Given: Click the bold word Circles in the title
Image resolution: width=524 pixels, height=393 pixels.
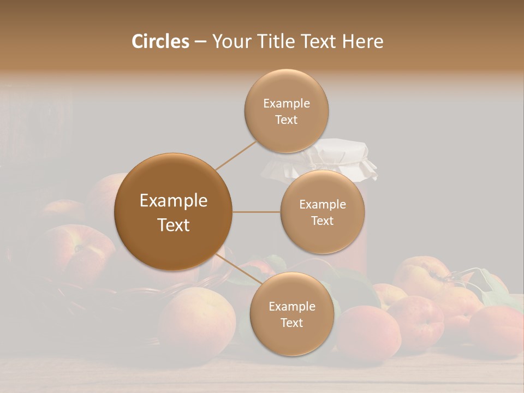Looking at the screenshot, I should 160,41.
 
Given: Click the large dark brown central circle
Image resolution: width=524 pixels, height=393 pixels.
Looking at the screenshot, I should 173,212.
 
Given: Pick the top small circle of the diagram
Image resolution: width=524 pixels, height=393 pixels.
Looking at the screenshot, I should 286,111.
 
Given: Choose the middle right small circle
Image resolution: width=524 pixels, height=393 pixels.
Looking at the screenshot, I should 323,212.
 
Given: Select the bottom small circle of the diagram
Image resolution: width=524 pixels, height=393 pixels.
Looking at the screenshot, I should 291,314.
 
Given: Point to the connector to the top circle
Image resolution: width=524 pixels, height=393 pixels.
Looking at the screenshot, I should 236,155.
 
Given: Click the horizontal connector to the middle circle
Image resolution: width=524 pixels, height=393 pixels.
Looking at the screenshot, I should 256,212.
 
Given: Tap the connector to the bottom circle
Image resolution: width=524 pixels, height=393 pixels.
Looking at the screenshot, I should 238,270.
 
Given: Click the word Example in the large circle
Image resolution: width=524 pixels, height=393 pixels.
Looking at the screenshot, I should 173,200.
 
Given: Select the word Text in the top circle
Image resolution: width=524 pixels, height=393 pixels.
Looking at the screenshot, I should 286,120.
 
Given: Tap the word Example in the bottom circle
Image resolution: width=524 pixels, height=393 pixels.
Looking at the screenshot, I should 291,306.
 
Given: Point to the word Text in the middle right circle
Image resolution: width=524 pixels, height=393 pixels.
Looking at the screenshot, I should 322,221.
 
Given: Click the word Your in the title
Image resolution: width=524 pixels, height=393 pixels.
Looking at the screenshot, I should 229,41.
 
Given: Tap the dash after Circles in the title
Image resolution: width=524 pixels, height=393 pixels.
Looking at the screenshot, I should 200,41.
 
